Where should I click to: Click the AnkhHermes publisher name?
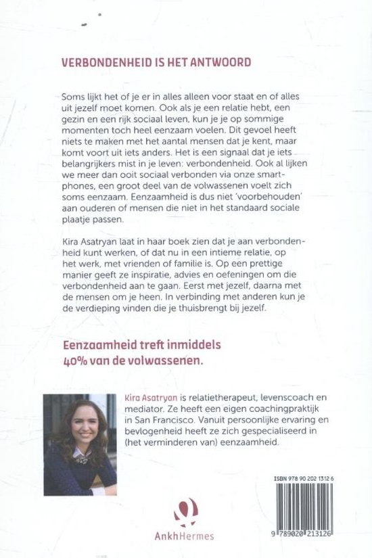[185, 538]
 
